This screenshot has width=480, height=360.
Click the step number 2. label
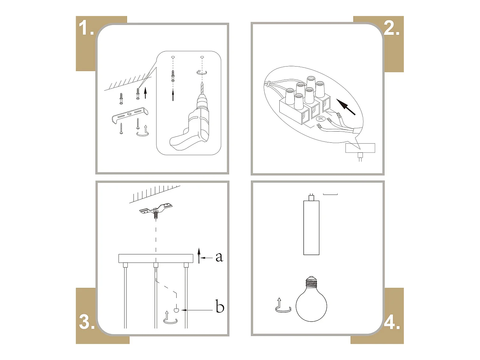click(x=392, y=28)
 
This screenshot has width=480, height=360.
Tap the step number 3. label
click(x=87, y=321)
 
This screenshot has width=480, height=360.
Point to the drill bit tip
click(x=202, y=84)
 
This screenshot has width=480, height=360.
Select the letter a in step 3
click(x=219, y=257)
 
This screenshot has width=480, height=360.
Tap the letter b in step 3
click(x=220, y=307)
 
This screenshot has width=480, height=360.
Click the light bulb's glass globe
click(x=311, y=304)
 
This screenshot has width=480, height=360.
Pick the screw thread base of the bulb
click(x=311, y=281)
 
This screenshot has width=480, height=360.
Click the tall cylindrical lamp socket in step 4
click(x=311, y=227)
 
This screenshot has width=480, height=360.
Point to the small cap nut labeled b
click(x=176, y=310)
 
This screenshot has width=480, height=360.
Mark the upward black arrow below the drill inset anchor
click(x=173, y=95)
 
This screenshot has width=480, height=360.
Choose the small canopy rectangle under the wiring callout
click(x=360, y=148)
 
